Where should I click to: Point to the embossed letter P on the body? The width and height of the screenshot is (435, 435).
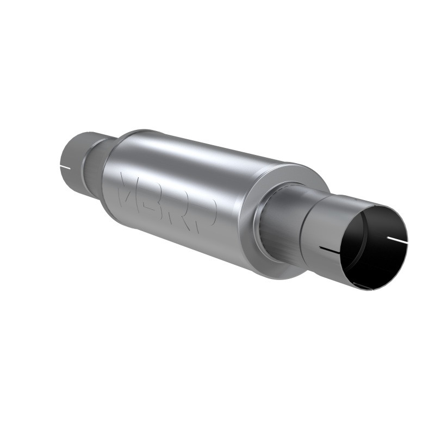207,214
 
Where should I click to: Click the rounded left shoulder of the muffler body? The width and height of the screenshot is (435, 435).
111,163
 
